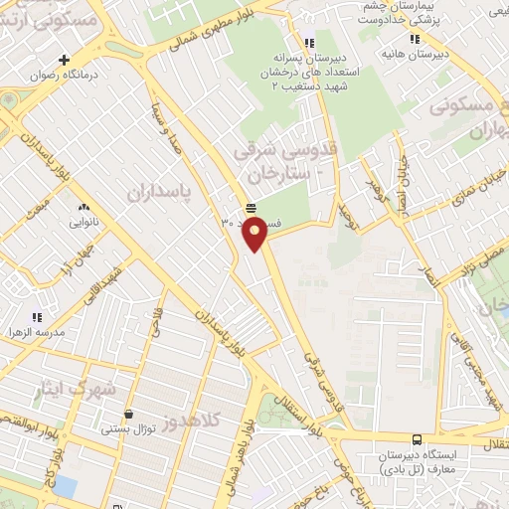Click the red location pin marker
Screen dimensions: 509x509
(x=255, y=234)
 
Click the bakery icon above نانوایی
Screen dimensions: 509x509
(x=84, y=207)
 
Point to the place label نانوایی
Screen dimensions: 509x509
(x=84, y=224)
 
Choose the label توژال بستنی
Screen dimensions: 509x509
(x=127, y=430)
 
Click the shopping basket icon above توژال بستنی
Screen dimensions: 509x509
(x=128, y=414)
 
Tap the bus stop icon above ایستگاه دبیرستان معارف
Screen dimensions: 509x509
(x=416, y=438)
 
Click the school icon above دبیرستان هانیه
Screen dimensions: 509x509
(x=415, y=39)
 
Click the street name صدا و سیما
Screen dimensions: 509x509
(x=165, y=132)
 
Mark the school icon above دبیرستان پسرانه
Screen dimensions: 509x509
(x=310, y=43)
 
